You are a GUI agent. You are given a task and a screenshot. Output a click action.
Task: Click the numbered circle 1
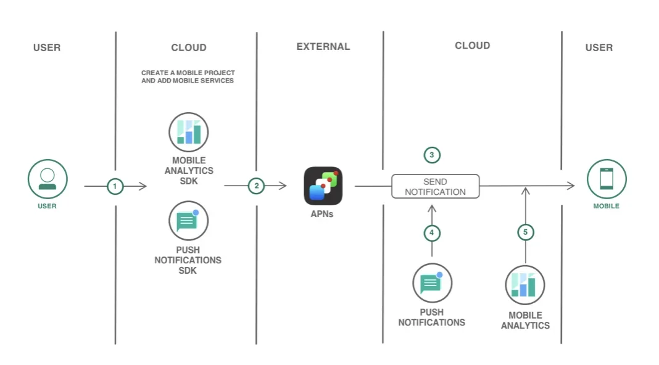[x=115, y=186]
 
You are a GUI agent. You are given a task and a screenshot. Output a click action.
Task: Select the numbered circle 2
[x=257, y=186]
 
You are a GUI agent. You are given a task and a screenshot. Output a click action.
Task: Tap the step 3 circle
[x=432, y=155]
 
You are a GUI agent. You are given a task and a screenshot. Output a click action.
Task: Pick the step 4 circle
[x=432, y=232]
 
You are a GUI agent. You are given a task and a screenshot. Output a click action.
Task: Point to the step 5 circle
[x=525, y=232]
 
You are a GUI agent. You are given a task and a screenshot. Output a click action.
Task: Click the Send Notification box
[x=435, y=186]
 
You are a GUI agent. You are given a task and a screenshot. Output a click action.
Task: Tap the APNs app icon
[x=323, y=186]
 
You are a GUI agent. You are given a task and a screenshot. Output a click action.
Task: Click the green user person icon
[x=47, y=179]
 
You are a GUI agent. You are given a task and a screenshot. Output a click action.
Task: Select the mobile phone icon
[x=606, y=179]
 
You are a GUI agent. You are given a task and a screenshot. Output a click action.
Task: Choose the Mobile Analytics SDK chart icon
[x=188, y=132]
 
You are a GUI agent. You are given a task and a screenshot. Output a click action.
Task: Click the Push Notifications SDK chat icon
[x=188, y=221]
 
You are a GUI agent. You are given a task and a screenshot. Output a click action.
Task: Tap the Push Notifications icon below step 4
[x=432, y=283]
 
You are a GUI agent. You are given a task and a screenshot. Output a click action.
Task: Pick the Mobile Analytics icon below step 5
[x=525, y=285]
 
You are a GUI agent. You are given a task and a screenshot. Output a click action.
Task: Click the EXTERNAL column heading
[x=323, y=46]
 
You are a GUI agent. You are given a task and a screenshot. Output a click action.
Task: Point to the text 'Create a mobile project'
[x=188, y=73]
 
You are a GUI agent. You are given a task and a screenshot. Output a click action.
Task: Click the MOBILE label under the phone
[x=606, y=206]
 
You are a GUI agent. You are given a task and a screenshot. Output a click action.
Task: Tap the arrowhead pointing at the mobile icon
[x=571, y=186]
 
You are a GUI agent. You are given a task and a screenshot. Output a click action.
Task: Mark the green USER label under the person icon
[x=47, y=206]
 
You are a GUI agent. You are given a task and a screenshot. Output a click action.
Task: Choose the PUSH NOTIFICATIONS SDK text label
[x=188, y=260]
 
